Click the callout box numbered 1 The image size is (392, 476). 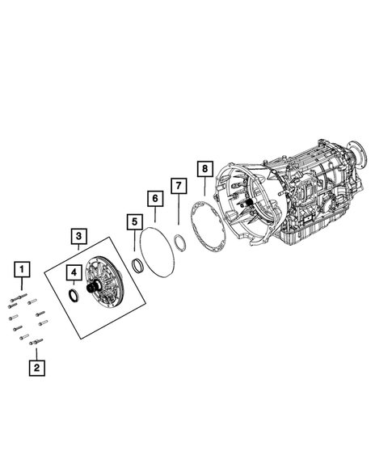23,268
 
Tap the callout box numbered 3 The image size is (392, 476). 78,235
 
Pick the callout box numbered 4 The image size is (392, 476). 73,273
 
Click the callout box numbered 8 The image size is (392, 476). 204,168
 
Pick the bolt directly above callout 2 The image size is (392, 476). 36,343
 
